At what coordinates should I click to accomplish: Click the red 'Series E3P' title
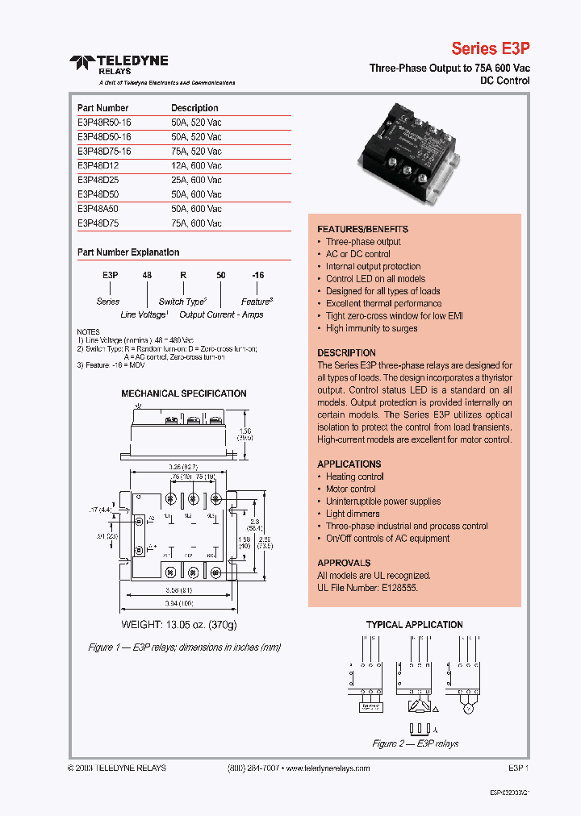[490, 48]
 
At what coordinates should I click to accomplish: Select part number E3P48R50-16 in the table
[104, 122]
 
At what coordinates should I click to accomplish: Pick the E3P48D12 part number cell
[97, 165]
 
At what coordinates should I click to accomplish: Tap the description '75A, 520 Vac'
[196, 151]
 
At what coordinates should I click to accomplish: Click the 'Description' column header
[194, 107]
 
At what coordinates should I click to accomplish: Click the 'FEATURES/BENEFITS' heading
[362, 229]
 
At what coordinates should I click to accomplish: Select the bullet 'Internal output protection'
[373, 266]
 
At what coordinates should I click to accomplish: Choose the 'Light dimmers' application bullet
[353, 514]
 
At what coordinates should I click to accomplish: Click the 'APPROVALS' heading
[344, 563]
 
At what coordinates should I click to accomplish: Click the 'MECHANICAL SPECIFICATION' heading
[184, 393]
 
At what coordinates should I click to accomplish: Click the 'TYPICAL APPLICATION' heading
[414, 625]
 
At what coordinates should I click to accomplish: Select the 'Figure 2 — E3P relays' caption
[415, 743]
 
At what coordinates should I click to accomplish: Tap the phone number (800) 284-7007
[249, 768]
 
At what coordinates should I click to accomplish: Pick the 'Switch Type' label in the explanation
[182, 301]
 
